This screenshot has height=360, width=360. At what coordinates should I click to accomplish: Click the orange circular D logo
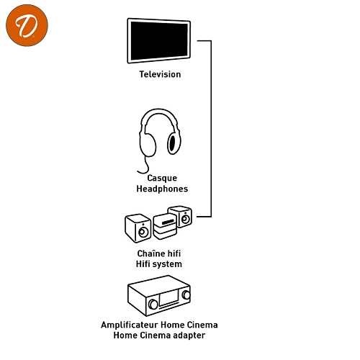[x=27, y=25]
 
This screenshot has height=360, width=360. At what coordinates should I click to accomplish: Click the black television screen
[x=159, y=41]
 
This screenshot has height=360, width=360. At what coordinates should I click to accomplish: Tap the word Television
[x=160, y=74]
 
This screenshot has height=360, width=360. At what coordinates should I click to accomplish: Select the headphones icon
[x=160, y=140]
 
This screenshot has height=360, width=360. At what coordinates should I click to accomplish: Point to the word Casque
[x=162, y=178]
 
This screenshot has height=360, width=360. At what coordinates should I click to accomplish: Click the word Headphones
[x=162, y=189]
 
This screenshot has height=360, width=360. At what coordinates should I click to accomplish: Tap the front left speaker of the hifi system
[x=138, y=228]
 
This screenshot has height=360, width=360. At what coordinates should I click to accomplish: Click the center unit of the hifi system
[x=165, y=226]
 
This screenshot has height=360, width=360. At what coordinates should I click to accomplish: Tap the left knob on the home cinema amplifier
[x=153, y=305]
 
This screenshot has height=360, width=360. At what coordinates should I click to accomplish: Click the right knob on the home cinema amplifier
[x=186, y=294]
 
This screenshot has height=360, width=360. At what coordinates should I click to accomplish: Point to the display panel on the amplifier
[x=168, y=298]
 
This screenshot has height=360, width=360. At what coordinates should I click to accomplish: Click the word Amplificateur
[x=130, y=325]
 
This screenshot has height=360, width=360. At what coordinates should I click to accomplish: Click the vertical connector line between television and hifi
[x=211, y=129]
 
